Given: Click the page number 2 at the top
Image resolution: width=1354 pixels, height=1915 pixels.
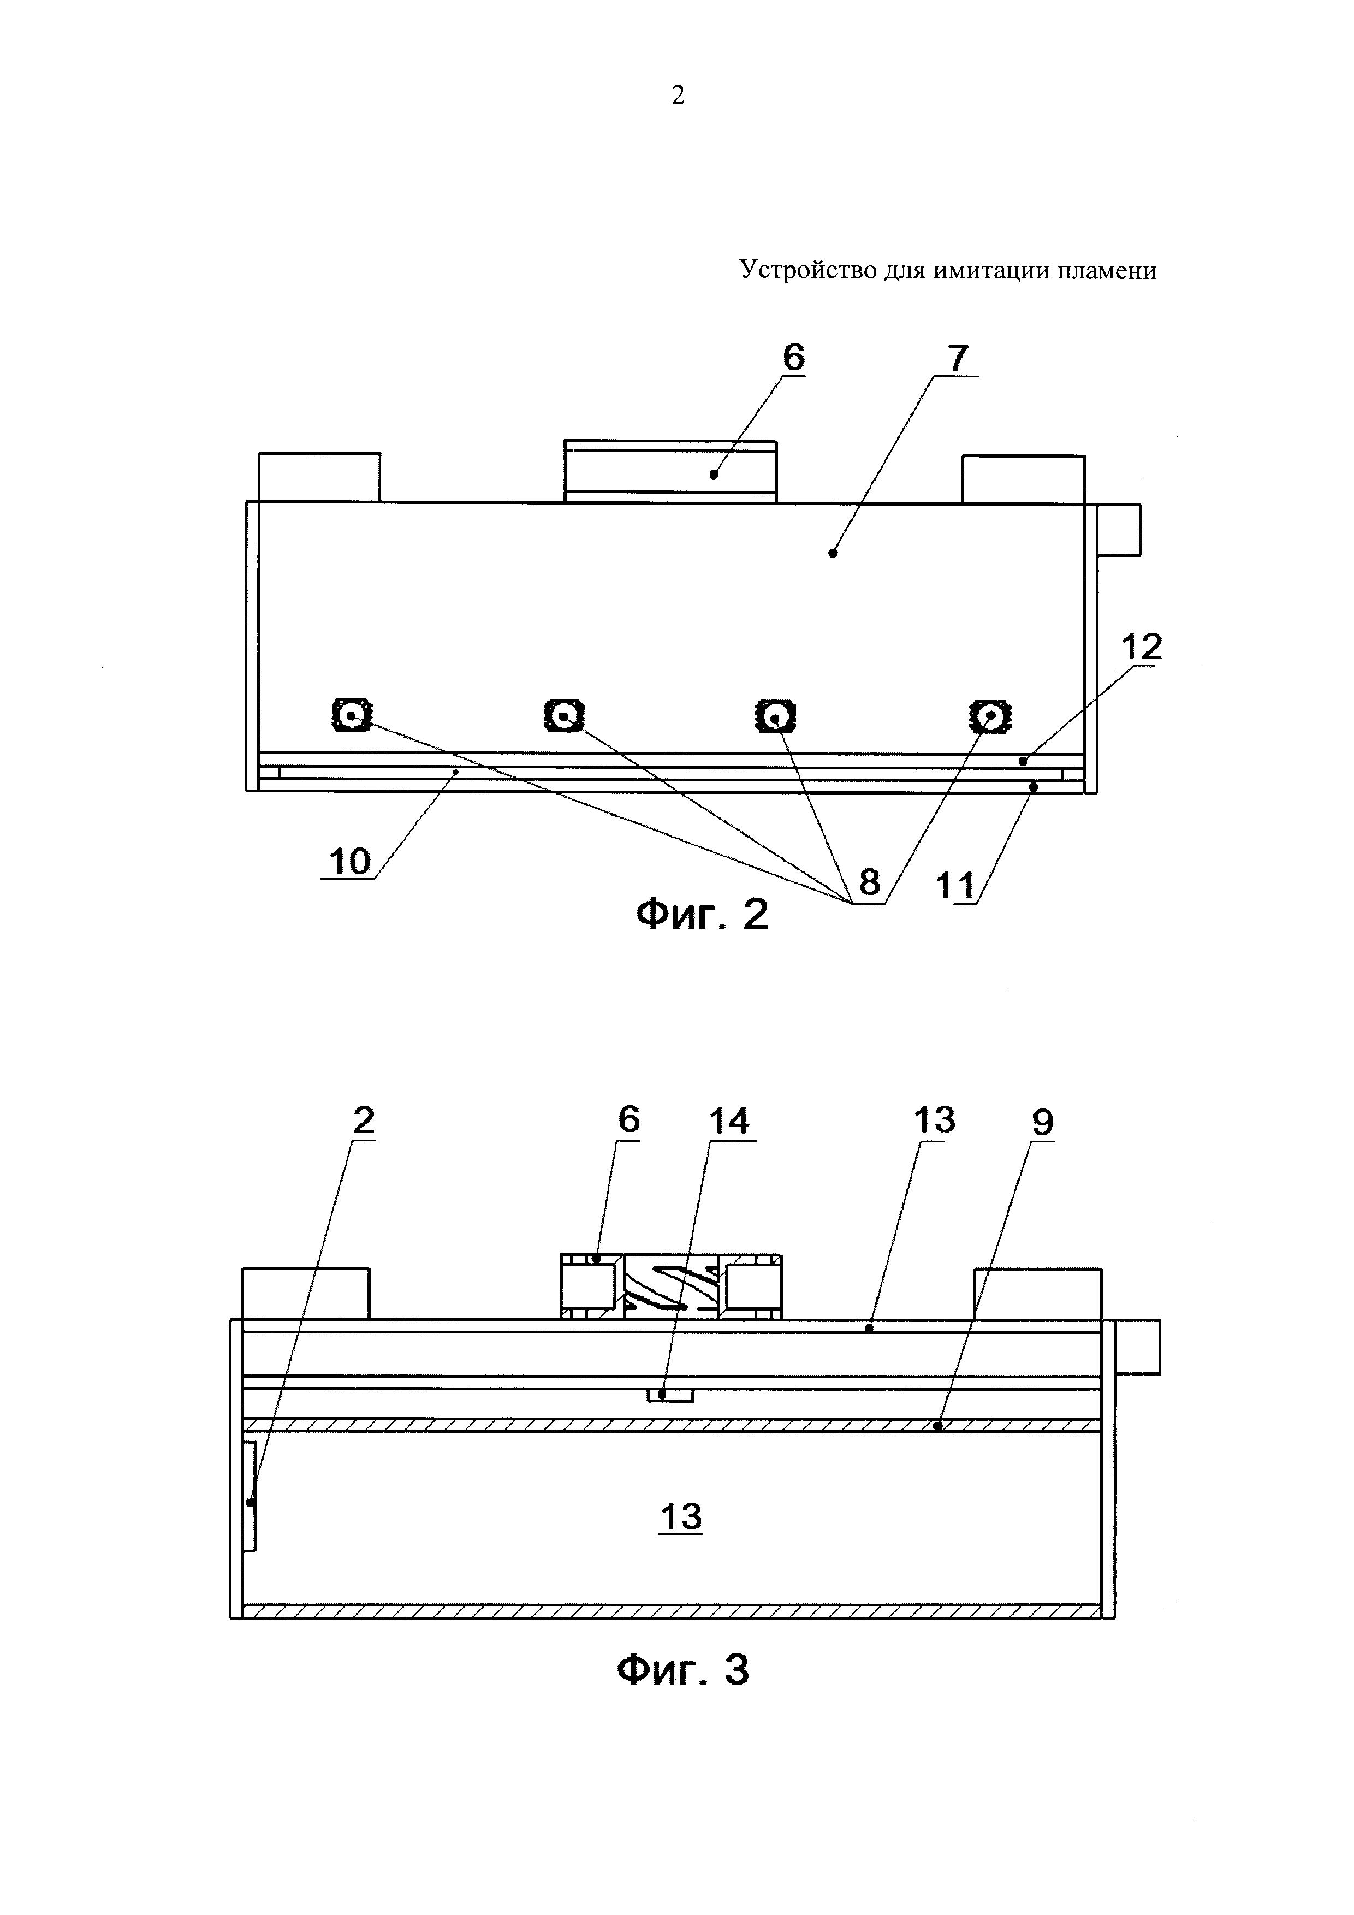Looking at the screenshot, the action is pyautogui.click(x=678, y=96).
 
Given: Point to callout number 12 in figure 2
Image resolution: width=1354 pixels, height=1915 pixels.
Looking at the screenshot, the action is pyautogui.click(x=1142, y=647).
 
